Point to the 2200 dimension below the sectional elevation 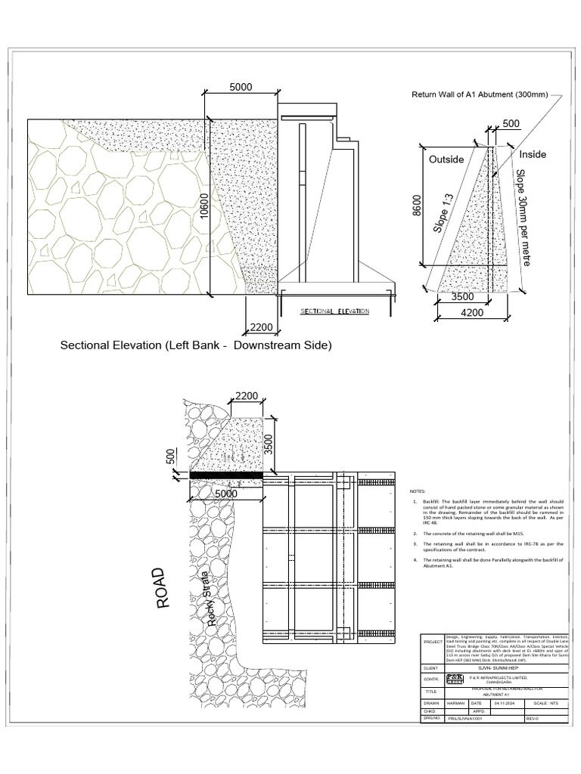[x=259, y=327]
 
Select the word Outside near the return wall [x=446, y=159]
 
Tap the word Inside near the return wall [x=532, y=154]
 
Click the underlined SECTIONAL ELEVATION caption [x=334, y=311]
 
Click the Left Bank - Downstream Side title [x=196, y=345]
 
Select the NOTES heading [x=418, y=491]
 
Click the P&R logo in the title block [x=455, y=679]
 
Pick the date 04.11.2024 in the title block [x=505, y=703]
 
